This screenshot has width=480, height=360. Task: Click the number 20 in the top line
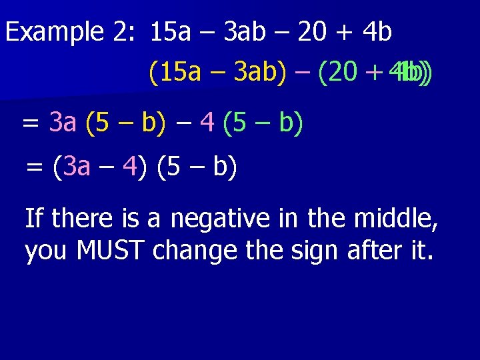coord(313,32)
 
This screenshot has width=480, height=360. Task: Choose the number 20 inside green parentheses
coord(342,71)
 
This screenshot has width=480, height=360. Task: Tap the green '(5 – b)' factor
coord(263,123)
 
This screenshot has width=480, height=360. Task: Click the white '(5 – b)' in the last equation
coord(197,167)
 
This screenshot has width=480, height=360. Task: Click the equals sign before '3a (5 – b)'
coord(30,123)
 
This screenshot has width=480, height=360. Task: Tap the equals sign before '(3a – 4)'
coord(34,167)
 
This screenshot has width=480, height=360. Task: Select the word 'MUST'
coord(113,251)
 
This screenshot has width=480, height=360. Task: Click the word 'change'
coord(198,251)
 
